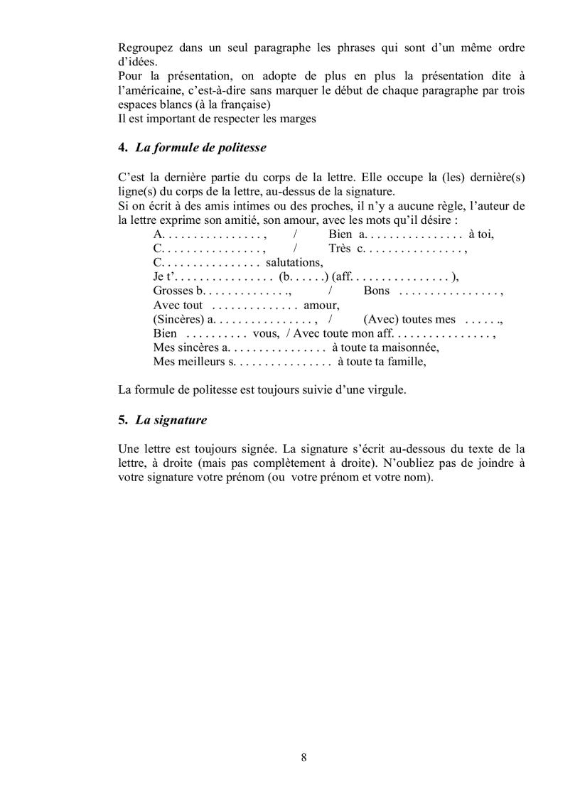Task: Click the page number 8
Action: tap(304, 757)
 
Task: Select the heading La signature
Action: tap(171, 420)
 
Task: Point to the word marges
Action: tap(298, 119)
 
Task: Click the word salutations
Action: tap(294, 262)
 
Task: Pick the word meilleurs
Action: tap(203, 362)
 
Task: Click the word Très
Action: tap(340, 248)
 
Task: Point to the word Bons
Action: tap(377, 291)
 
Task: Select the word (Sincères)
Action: tap(178, 319)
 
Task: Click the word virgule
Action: tap(384, 390)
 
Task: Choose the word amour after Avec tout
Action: tap(321, 305)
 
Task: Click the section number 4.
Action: tap(122, 148)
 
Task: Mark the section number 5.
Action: tap(122, 420)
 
